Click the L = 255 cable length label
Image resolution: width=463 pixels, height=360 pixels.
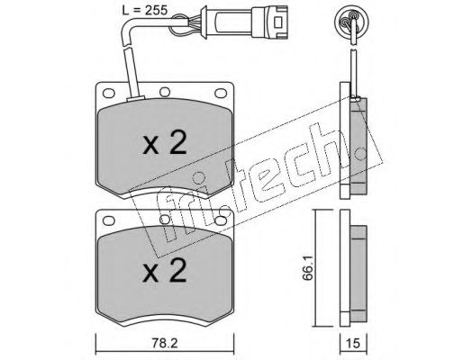click(144, 10)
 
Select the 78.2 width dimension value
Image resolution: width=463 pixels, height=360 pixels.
click(165, 343)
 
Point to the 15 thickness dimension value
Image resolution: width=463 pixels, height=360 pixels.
click(353, 343)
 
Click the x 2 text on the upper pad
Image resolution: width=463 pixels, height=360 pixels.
click(165, 143)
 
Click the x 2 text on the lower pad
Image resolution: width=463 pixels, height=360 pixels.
click(165, 270)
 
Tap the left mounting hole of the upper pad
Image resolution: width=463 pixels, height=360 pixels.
click(109, 93)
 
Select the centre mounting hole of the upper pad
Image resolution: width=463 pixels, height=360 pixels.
click(165, 92)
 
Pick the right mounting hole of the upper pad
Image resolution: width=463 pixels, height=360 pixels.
click(221, 93)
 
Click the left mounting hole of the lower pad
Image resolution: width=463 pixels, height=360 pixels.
click(109, 220)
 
